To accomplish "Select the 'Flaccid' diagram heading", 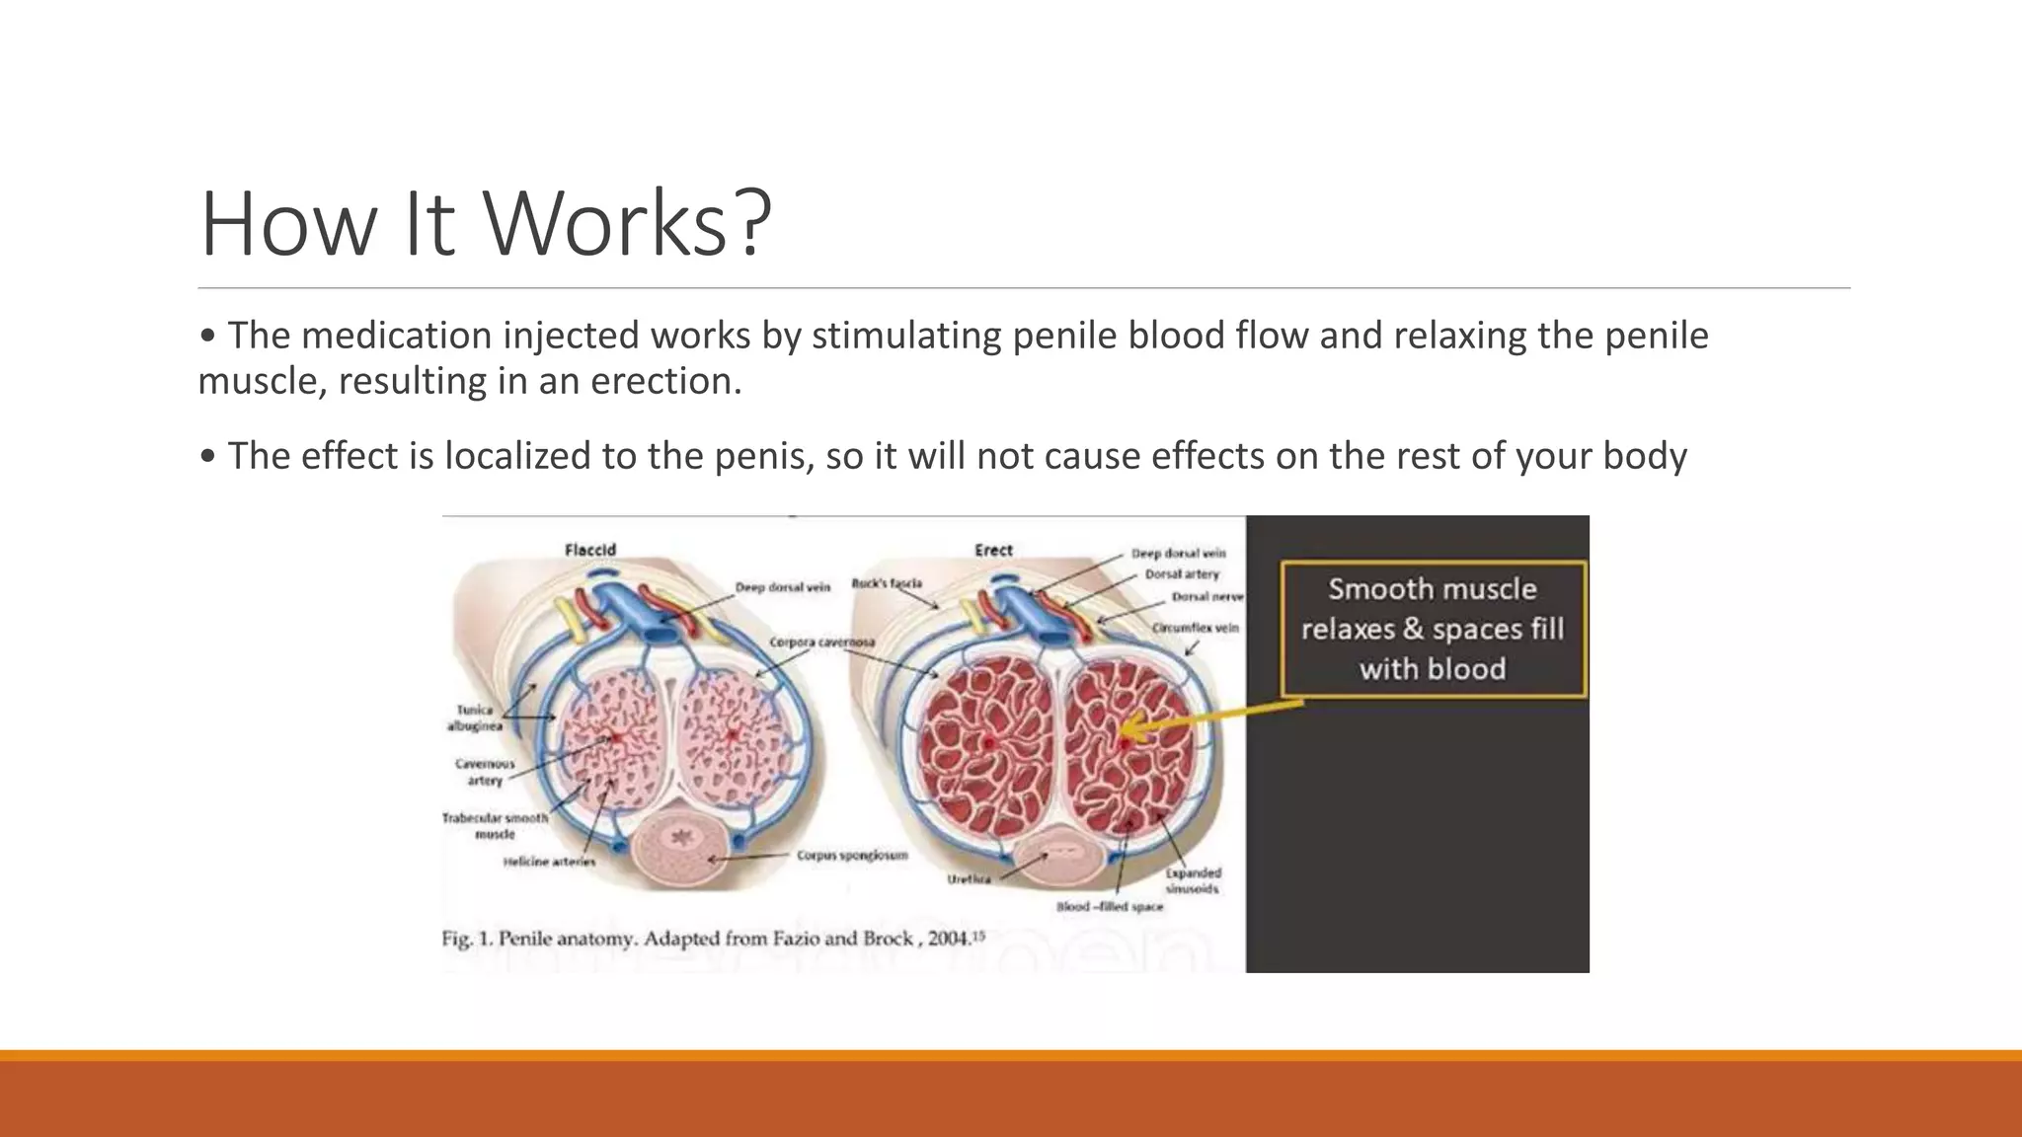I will point(590,550).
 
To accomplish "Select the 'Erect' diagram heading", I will point(993,550).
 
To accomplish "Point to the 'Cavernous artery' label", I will point(485,772).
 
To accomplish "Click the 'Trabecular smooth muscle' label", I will point(495,825).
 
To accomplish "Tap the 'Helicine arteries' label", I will point(550,862).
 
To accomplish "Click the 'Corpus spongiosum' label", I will point(852,855).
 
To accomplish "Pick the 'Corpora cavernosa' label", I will point(821,643).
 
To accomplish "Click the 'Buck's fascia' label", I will point(887,583).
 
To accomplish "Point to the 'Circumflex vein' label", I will point(1195,628).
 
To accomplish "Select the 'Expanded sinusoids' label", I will point(1193,880).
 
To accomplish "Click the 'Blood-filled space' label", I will point(1110,906).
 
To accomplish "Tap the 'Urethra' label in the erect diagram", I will point(970,878).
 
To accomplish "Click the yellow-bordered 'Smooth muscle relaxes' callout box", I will point(1433,629).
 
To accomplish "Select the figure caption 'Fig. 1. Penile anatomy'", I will point(713,939).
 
